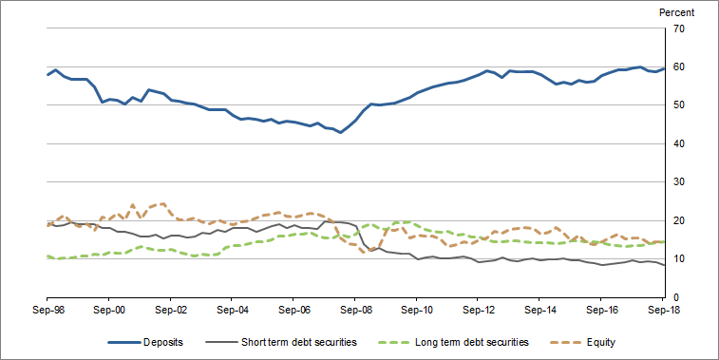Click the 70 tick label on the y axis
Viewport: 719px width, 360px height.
(x=678, y=28)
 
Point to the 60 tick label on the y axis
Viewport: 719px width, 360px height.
(x=678, y=67)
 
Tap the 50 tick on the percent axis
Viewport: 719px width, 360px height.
(x=678, y=105)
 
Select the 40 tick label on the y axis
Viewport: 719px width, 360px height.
(x=678, y=144)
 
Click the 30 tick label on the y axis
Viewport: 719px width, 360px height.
(x=678, y=182)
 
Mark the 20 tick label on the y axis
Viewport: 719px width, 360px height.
(x=678, y=221)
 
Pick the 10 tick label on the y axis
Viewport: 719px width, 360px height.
(x=678, y=259)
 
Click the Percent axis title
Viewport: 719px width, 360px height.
(x=675, y=12)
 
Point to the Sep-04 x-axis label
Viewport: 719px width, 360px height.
(x=233, y=310)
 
